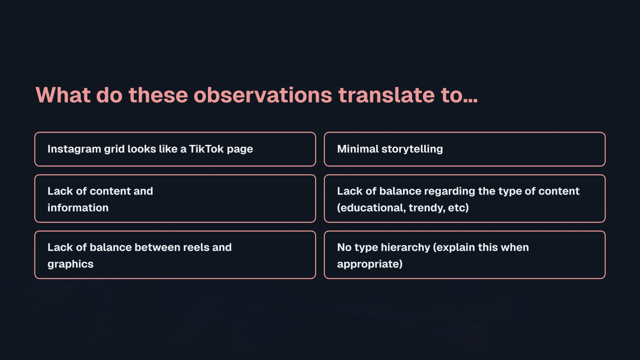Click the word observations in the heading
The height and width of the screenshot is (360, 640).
262,95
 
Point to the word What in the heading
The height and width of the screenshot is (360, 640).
63,95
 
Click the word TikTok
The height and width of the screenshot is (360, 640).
206,149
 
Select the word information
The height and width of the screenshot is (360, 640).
78,208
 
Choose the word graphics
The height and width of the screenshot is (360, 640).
70,264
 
